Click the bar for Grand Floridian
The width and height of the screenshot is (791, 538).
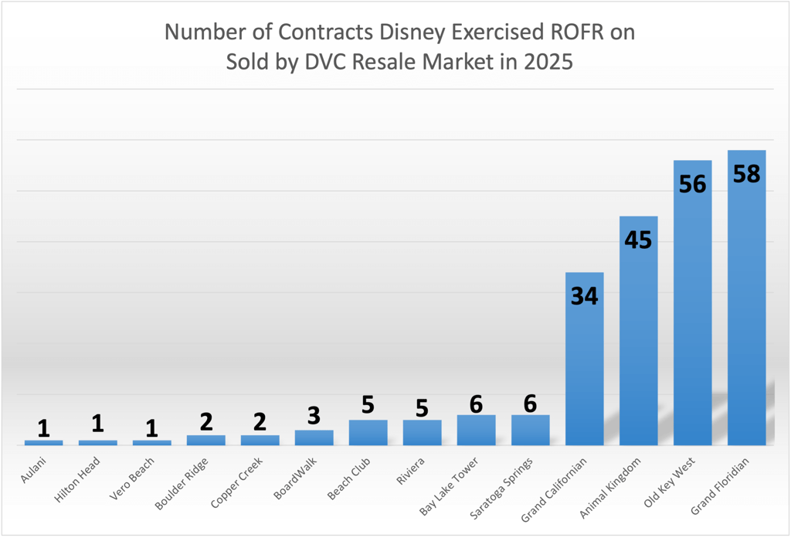746,309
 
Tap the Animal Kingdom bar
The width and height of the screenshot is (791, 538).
638,340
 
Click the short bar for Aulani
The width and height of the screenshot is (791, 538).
43,442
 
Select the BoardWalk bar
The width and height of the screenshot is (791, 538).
314,438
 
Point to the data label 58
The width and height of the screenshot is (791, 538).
746,174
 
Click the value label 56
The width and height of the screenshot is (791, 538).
692,184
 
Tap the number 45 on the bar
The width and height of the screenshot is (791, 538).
638,240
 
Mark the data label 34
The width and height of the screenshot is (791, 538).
584,296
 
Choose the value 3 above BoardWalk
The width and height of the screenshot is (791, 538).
314,415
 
